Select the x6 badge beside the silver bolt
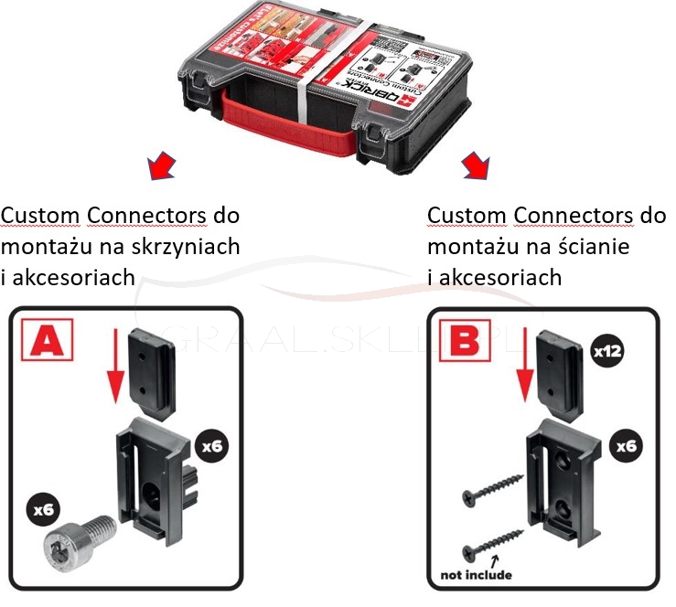click(x=40, y=507)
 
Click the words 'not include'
click(x=475, y=574)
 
